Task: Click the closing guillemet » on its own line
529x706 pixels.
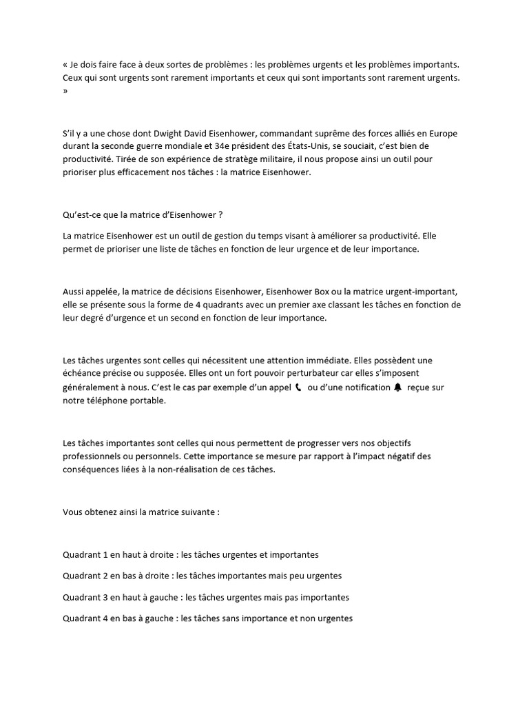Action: point(65,91)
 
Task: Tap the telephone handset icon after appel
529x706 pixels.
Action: point(298,387)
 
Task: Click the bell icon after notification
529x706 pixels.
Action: point(397,387)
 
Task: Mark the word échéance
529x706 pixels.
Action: point(82,374)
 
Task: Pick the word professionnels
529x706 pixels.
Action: point(94,456)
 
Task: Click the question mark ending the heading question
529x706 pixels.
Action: point(220,214)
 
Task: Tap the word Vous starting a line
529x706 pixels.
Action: point(73,512)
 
